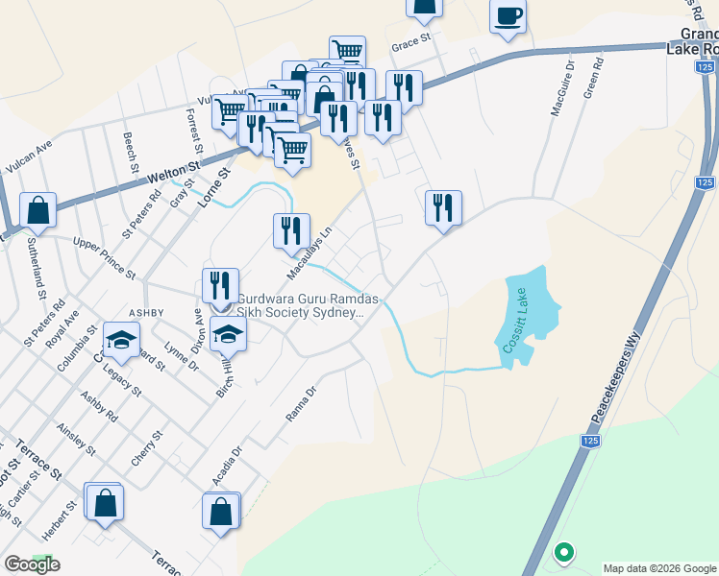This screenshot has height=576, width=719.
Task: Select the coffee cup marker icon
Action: (508, 16)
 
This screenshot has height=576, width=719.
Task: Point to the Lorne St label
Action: (214, 188)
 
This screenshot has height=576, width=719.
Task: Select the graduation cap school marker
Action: (122, 340)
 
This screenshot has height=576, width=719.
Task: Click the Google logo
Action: (32, 564)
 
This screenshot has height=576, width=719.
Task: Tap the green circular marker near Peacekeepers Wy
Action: (564, 553)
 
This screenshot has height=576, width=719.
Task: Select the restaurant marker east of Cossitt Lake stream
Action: (443, 206)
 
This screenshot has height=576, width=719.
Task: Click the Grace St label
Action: (408, 46)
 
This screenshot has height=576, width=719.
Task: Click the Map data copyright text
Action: (658, 568)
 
